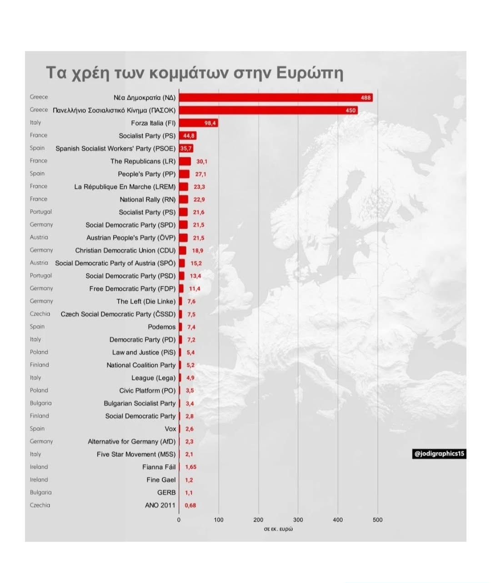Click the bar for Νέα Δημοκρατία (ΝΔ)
(276, 97)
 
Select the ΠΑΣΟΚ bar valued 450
(268, 110)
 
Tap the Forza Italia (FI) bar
(198, 123)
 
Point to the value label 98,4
(210, 123)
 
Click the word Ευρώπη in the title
(310, 73)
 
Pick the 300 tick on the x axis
(298, 520)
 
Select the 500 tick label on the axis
(377, 520)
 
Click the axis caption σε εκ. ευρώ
(278, 529)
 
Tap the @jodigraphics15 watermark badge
(439, 454)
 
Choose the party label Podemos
(161, 327)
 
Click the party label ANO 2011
(160, 505)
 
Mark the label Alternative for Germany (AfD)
(131, 442)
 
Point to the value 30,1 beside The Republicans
(202, 161)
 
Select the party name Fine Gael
(161, 480)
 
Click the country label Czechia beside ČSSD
(40, 314)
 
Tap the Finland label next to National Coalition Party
(40, 365)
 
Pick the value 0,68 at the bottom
(190, 505)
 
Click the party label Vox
(170, 429)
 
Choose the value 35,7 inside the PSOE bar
(186, 149)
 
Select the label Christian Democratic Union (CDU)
(125, 251)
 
